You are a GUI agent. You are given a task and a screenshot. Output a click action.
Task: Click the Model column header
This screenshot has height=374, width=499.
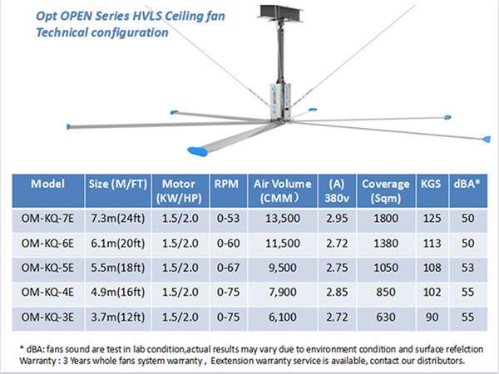pos(47,184)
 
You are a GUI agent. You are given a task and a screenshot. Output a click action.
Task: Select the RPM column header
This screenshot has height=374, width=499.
pos(226,184)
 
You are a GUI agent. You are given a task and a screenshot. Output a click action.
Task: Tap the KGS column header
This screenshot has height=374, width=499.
pos(431,184)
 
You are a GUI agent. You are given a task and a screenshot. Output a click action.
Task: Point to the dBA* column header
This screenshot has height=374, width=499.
pos(467,184)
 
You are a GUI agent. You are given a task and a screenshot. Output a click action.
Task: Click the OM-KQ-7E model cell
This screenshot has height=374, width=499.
pos(47,219)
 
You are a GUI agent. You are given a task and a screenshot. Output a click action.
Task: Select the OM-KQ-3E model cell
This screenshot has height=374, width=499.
pos(47,317)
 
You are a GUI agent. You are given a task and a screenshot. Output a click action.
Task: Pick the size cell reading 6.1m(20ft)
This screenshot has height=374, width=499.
pos(118,244)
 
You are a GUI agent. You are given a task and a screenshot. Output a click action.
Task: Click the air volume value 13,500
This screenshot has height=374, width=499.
pos(283,219)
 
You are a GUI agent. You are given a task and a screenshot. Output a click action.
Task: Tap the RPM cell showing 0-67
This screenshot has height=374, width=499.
pos(228,268)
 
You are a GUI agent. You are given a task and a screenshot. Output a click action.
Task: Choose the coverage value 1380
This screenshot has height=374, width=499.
pos(386,244)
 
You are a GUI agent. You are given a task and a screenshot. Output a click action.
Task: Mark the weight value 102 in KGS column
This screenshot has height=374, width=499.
pos(432,293)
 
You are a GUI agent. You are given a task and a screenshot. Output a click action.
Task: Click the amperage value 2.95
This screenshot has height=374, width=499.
pos(337,219)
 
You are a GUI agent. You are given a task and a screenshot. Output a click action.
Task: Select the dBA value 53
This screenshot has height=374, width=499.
pos(467,268)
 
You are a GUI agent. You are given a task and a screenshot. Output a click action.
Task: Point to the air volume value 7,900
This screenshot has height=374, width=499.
pos(283,293)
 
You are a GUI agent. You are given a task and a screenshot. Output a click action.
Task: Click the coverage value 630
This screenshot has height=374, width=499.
pos(386,317)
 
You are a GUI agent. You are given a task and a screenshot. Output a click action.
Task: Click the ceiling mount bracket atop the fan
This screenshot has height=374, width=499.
pos(280,13)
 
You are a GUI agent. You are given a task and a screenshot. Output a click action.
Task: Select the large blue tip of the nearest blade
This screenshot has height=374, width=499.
pos(198,151)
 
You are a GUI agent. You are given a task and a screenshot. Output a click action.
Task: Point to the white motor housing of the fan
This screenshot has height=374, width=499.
pos(280,100)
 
